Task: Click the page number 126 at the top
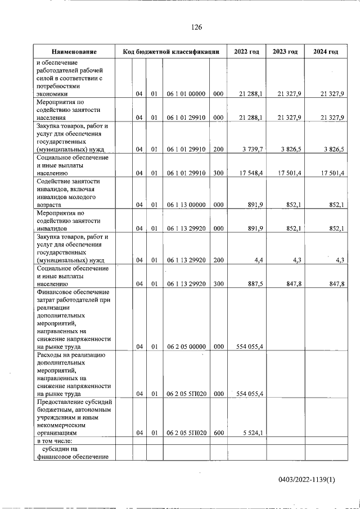click(x=196, y=28)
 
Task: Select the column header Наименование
click(x=74, y=52)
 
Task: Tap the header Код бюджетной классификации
click(x=170, y=52)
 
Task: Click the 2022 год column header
click(x=246, y=52)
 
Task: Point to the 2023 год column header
click(x=285, y=52)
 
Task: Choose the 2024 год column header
click(x=326, y=52)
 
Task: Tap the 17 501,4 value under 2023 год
click(x=290, y=173)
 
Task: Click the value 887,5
click(x=253, y=285)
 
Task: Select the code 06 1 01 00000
click(x=186, y=93)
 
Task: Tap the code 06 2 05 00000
click(x=186, y=346)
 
